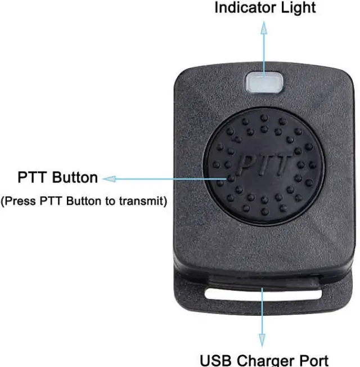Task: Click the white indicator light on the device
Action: click(263, 83)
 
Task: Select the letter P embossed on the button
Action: click(247, 164)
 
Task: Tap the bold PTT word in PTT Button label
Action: click(33, 178)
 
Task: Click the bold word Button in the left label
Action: click(75, 178)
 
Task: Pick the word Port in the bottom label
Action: click(313, 360)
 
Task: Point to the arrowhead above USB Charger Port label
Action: click(262, 339)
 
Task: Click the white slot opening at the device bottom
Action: click(263, 293)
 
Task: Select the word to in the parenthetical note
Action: click(115, 201)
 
